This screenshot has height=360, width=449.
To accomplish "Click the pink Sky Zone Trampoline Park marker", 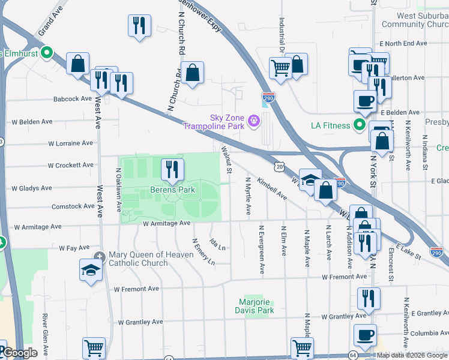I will coord(254,121).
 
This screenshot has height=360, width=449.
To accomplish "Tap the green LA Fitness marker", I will coord(360,125).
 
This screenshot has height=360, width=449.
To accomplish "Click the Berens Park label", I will coord(173,190).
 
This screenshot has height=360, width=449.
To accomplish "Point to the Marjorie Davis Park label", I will coord(255,306).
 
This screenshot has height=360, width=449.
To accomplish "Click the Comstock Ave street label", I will coord(73,206).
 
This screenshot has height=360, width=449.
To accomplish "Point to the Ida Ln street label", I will coord(217,244).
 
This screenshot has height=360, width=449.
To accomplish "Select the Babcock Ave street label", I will coord(72,99).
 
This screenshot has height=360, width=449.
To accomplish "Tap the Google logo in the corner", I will coord(20,353).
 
